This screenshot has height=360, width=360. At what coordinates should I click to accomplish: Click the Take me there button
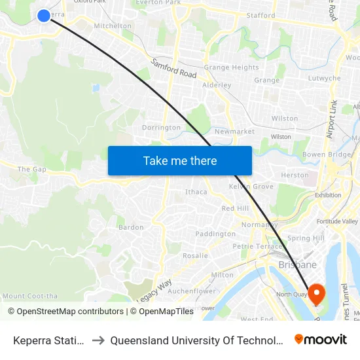click(x=180, y=160)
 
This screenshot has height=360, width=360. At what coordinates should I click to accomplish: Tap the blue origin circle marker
click(x=44, y=15)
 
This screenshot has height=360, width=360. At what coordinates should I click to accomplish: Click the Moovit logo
click(x=321, y=339)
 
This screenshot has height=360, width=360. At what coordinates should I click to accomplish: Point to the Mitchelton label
click(x=113, y=26)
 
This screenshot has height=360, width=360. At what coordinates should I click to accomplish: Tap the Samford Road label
click(x=174, y=69)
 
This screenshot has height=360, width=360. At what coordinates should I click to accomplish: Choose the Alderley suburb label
click(x=217, y=85)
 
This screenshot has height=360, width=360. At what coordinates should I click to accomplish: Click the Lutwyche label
click(x=324, y=79)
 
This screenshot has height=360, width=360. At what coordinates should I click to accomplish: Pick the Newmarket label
click(x=234, y=132)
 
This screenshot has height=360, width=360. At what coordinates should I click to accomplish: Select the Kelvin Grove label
click(x=251, y=187)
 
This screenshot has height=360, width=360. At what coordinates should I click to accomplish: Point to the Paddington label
click(x=215, y=234)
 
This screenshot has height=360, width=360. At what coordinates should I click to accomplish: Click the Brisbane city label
click(x=298, y=265)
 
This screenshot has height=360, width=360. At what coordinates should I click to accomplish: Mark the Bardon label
click(x=130, y=228)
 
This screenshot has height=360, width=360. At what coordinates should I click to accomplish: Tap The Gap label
click(x=31, y=170)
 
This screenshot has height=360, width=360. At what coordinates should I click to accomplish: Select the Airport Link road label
click(x=332, y=118)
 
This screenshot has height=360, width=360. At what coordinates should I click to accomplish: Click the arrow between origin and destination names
click(x=98, y=340)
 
